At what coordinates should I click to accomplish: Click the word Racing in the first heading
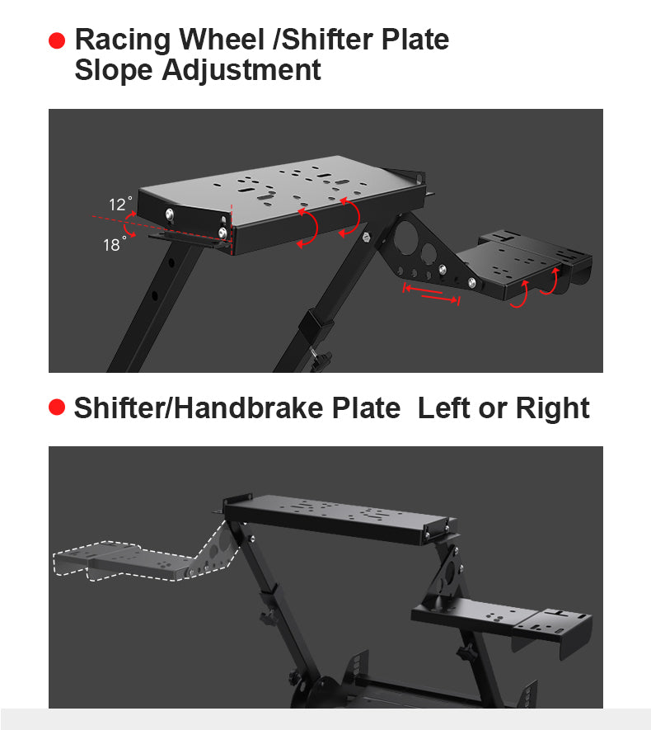click(x=123, y=40)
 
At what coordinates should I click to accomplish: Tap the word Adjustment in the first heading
click(x=240, y=70)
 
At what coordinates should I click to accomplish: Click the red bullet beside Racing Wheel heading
click(x=57, y=40)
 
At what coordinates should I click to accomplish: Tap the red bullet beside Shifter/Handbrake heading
click(x=57, y=407)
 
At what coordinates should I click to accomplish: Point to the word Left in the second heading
click(x=446, y=407)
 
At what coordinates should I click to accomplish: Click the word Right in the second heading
click(x=552, y=407)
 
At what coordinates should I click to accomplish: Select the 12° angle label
click(x=119, y=204)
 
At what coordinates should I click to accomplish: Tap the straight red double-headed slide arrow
click(x=430, y=294)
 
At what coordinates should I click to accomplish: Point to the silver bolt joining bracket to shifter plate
click(x=472, y=283)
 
